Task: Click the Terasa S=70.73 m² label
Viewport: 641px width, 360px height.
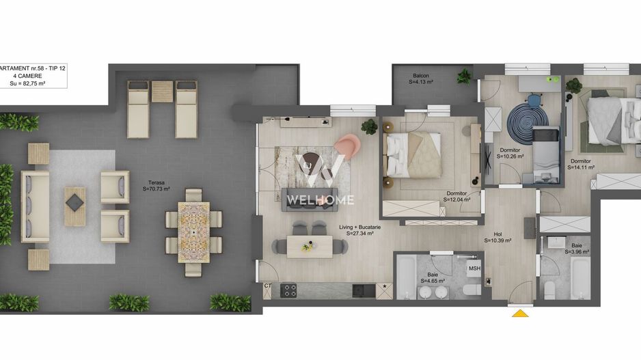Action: pos(158,185)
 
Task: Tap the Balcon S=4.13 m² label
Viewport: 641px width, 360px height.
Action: pos(421,79)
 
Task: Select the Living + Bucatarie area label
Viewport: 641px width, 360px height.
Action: pos(361,230)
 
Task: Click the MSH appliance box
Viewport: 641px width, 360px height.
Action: pos(474,268)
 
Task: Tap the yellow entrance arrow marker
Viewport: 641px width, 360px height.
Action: pos(521,314)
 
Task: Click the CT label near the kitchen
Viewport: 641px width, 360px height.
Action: pos(267,286)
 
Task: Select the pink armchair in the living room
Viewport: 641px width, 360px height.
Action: pos(349,146)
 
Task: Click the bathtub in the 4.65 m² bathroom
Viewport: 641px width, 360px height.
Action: pos(406,277)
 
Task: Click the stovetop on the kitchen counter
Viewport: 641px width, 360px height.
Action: pos(290,290)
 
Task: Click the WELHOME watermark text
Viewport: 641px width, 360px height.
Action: pos(320,200)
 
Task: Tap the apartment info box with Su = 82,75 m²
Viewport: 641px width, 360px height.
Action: pos(32,75)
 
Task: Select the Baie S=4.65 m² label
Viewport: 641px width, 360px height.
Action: pos(435,277)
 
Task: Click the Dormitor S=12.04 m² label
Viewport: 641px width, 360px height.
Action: pos(456,197)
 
